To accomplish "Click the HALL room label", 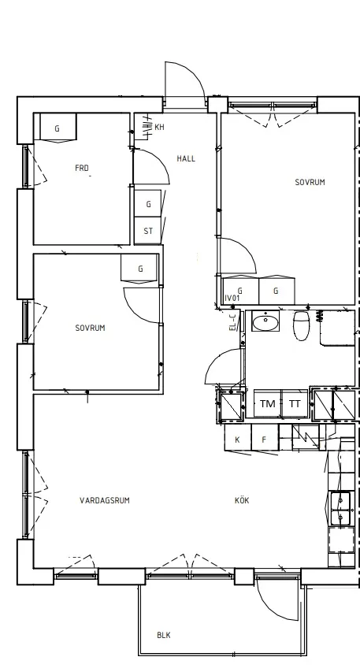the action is tap(186, 158).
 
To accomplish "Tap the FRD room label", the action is tap(82, 169).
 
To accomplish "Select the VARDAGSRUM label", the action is tap(105, 500).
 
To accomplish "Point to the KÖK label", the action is tap(242, 500).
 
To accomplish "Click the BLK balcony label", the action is tap(164, 635).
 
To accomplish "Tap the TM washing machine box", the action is tap(268, 403).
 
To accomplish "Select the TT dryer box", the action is tap(295, 403).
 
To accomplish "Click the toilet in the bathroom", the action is tap(301, 326).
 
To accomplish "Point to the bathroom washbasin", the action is tap(265, 321).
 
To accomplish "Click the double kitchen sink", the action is tap(341, 508).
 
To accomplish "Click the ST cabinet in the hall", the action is tap(148, 231).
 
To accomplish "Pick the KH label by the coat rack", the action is tap(159, 127).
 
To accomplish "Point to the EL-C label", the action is tap(232, 322).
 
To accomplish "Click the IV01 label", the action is tap(232, 299).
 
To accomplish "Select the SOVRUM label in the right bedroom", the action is tap(310, 182).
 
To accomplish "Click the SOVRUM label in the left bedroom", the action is tap(91, 328).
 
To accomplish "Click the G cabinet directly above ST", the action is tap(148, 204).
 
